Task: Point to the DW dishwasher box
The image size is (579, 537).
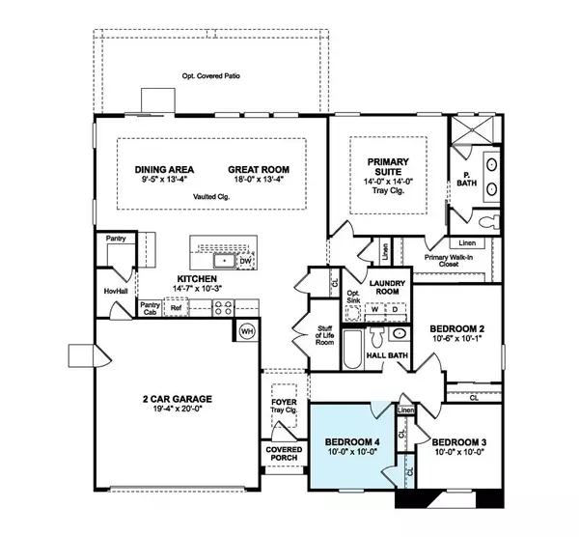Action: pos(245,261)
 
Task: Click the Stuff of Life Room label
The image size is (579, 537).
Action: pos(326,335)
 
